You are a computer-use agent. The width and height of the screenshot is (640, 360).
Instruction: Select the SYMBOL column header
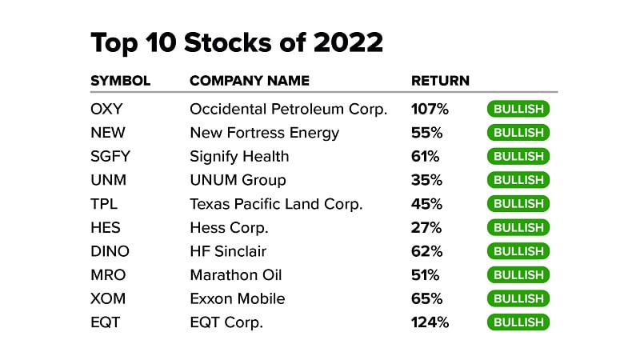[121, 81]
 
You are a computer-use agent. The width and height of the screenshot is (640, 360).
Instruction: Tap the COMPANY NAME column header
[249, 81]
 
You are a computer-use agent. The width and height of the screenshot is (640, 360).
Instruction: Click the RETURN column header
[440, 81]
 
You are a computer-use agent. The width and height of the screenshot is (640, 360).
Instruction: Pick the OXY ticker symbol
[107, 109]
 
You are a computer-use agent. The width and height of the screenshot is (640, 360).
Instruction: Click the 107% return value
[430, 109]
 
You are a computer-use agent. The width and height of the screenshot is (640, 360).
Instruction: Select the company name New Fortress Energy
[264, 133]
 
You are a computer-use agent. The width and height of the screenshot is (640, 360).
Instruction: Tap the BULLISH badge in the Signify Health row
[518, 157]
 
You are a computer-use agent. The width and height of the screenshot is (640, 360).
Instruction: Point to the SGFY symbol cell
[110, 156]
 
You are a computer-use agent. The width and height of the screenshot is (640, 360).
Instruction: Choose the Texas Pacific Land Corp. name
[276, 204]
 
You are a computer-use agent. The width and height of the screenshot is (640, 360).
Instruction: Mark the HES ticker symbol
[106, 227]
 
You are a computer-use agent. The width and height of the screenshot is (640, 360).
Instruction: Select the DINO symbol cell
[110, 251]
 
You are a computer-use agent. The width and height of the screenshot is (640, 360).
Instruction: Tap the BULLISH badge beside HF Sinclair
[518, 251]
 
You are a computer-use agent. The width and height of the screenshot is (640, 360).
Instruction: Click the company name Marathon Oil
[236, 275]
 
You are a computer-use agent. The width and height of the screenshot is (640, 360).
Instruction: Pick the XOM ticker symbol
[108, 298]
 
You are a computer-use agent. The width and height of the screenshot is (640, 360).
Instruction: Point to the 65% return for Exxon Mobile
[426, 298]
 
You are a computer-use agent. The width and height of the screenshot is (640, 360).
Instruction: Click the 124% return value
[430, 322]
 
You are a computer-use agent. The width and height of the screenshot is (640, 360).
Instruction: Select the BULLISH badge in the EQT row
[518, 322]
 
